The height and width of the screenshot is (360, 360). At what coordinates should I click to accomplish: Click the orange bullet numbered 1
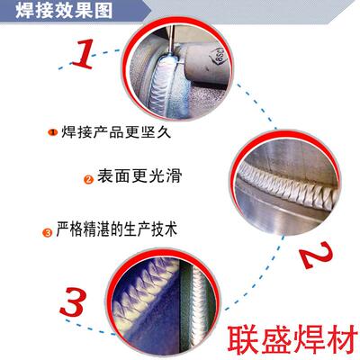pos(51,134)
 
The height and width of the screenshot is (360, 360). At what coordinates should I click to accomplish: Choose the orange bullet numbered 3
pos(46,233)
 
